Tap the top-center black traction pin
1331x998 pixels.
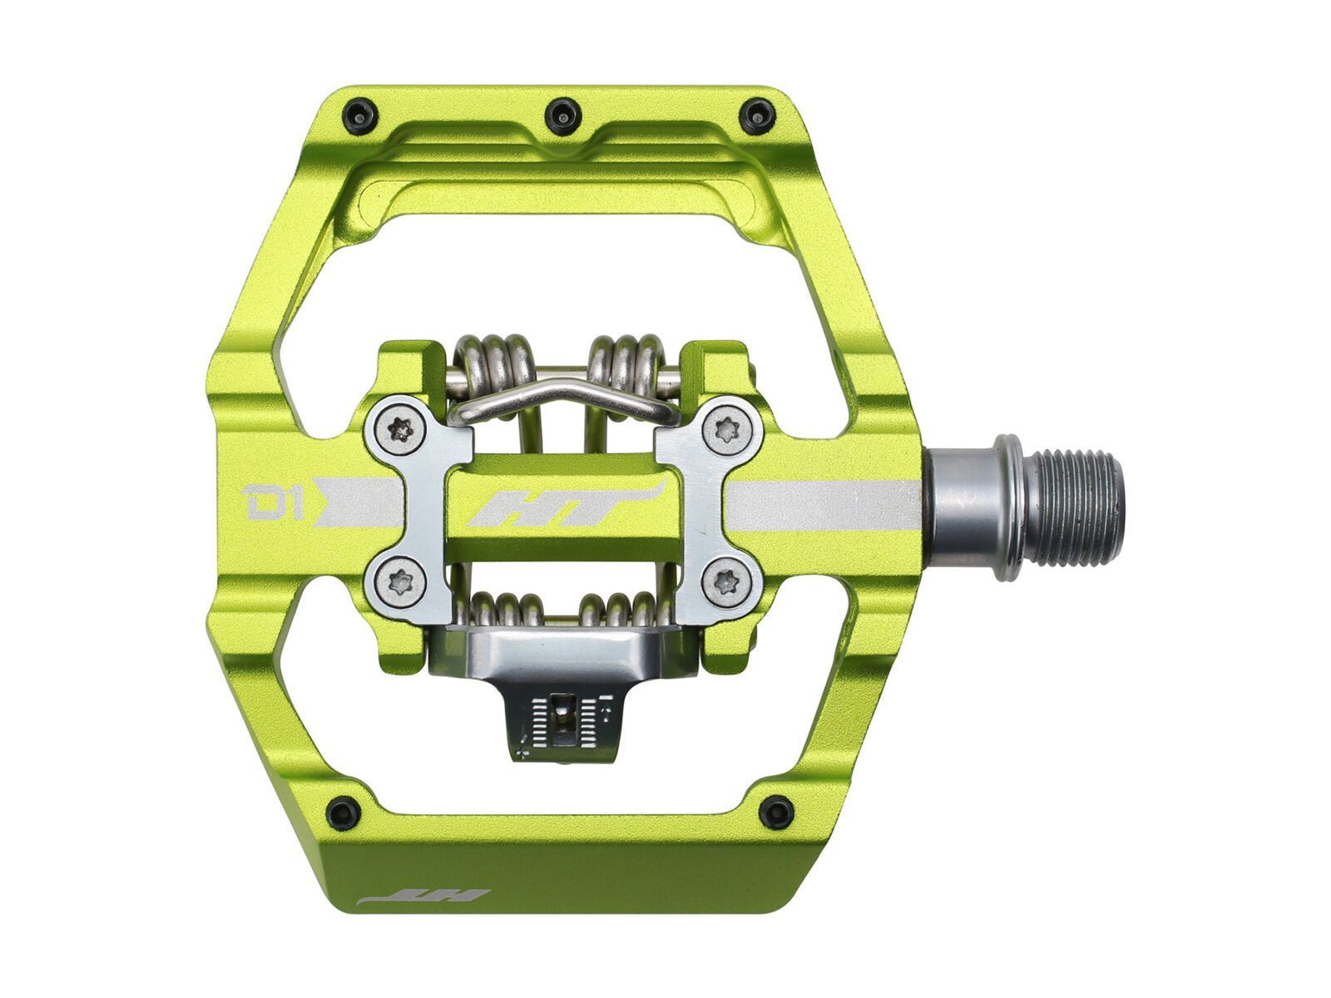click(563, 115)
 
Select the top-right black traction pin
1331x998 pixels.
click(758, 115)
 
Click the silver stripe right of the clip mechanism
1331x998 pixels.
click(824, 505)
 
